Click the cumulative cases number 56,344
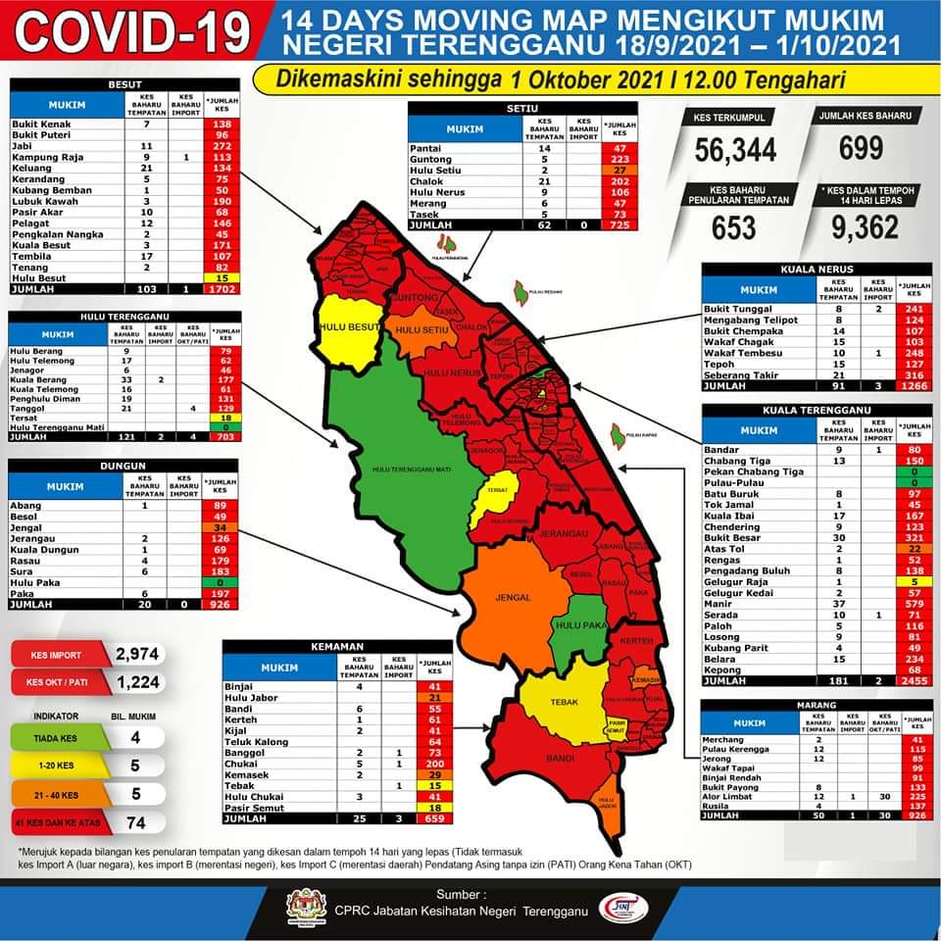tap(735, 149)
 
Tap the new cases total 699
tap(861, 148)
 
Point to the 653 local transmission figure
tap(734, 227)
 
